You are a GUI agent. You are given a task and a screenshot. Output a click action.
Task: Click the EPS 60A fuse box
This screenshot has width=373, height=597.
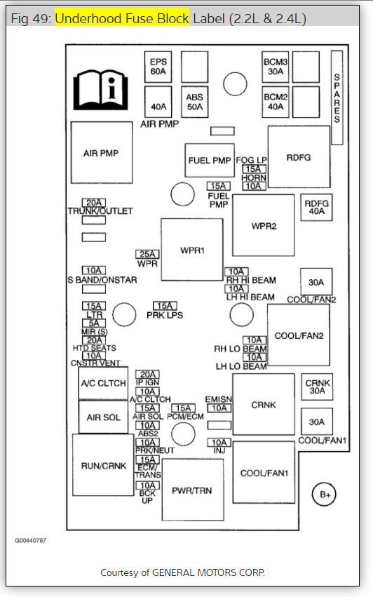(158, 67)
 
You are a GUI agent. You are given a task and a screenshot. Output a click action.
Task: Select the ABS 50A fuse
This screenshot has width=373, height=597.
(194, 102)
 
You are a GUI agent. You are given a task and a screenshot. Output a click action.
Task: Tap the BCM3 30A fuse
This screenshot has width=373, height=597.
(275, 67)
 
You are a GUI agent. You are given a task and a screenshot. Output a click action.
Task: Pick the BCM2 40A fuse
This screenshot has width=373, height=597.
(275, 102)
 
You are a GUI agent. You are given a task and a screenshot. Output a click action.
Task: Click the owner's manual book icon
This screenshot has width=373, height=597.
(100, 90)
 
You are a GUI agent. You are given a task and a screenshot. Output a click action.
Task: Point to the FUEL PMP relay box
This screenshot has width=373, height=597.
(210, 160)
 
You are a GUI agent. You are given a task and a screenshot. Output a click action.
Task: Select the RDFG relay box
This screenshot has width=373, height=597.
(299, 157)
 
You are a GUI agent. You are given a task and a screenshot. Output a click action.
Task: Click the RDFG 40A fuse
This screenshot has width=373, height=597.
(316, 208)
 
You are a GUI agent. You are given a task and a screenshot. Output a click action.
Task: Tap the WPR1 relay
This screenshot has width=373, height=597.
(192, 250)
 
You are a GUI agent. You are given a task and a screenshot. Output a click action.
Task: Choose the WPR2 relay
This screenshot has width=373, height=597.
(264, 225)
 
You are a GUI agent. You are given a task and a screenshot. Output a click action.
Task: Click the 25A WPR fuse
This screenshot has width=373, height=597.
(147, 254)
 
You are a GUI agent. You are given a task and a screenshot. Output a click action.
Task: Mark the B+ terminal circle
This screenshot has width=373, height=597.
(324, 494)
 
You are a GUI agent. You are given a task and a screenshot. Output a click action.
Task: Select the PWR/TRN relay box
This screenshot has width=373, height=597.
(193, 490)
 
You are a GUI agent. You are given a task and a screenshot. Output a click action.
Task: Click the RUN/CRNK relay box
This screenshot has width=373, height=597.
(103, 465)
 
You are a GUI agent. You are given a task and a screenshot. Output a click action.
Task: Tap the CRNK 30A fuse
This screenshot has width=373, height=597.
(317, 387)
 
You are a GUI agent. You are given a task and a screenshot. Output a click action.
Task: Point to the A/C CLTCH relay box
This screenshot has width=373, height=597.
(103, 384)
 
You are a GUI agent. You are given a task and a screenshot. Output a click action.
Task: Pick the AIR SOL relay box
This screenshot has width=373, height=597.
(103, 417)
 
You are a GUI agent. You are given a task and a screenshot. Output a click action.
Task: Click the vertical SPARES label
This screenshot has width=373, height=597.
(337, 98)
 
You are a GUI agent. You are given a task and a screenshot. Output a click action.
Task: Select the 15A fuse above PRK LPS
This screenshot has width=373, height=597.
(165, 306)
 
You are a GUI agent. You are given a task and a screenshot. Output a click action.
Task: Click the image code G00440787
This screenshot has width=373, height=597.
(30, 540)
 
